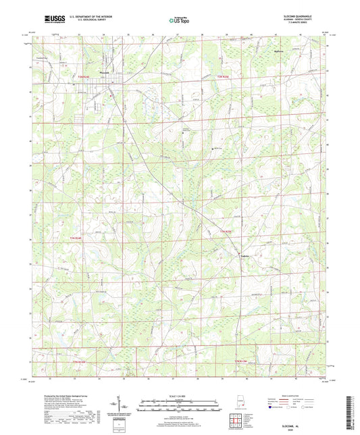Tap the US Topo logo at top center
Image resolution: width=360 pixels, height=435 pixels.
pos(179,20)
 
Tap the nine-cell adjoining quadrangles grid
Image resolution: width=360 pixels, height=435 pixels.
pos(236,418)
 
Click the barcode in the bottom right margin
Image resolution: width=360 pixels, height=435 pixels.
pos(353,409)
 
